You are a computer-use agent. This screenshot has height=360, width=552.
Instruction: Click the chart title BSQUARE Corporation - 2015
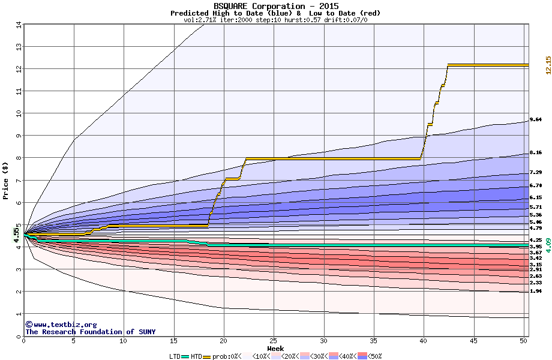(x=275, y=6)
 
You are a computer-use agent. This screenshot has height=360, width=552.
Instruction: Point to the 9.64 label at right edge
(x=536, y=119)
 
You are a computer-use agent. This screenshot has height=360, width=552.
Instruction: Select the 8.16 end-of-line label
(x=536, y=152)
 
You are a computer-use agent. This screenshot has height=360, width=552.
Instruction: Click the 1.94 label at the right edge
(x=536, y=291)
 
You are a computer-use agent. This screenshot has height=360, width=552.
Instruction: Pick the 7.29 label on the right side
(x=536, y=172)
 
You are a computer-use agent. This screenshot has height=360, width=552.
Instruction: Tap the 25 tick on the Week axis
(x=274, y=341)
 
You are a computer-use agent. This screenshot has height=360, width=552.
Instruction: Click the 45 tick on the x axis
(x=474, y=341)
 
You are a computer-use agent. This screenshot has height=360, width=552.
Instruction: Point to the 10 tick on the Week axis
(x=124, y=341)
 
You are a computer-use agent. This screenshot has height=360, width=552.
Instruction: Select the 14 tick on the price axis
(x=19, y=25)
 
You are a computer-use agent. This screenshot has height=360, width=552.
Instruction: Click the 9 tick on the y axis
(x=19, y=136)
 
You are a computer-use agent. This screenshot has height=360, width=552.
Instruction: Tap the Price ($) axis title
(x=5, y=180)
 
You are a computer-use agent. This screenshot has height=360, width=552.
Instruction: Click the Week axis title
(x=275, y=348)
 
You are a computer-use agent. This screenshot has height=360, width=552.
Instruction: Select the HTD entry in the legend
(x=196, y=356)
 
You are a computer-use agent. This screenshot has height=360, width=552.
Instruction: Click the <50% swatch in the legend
(x=361, y=356)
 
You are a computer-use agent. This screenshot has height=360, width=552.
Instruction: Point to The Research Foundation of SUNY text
(x=90, y=332)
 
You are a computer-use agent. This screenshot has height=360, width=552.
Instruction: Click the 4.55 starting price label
(x=16, y=232)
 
